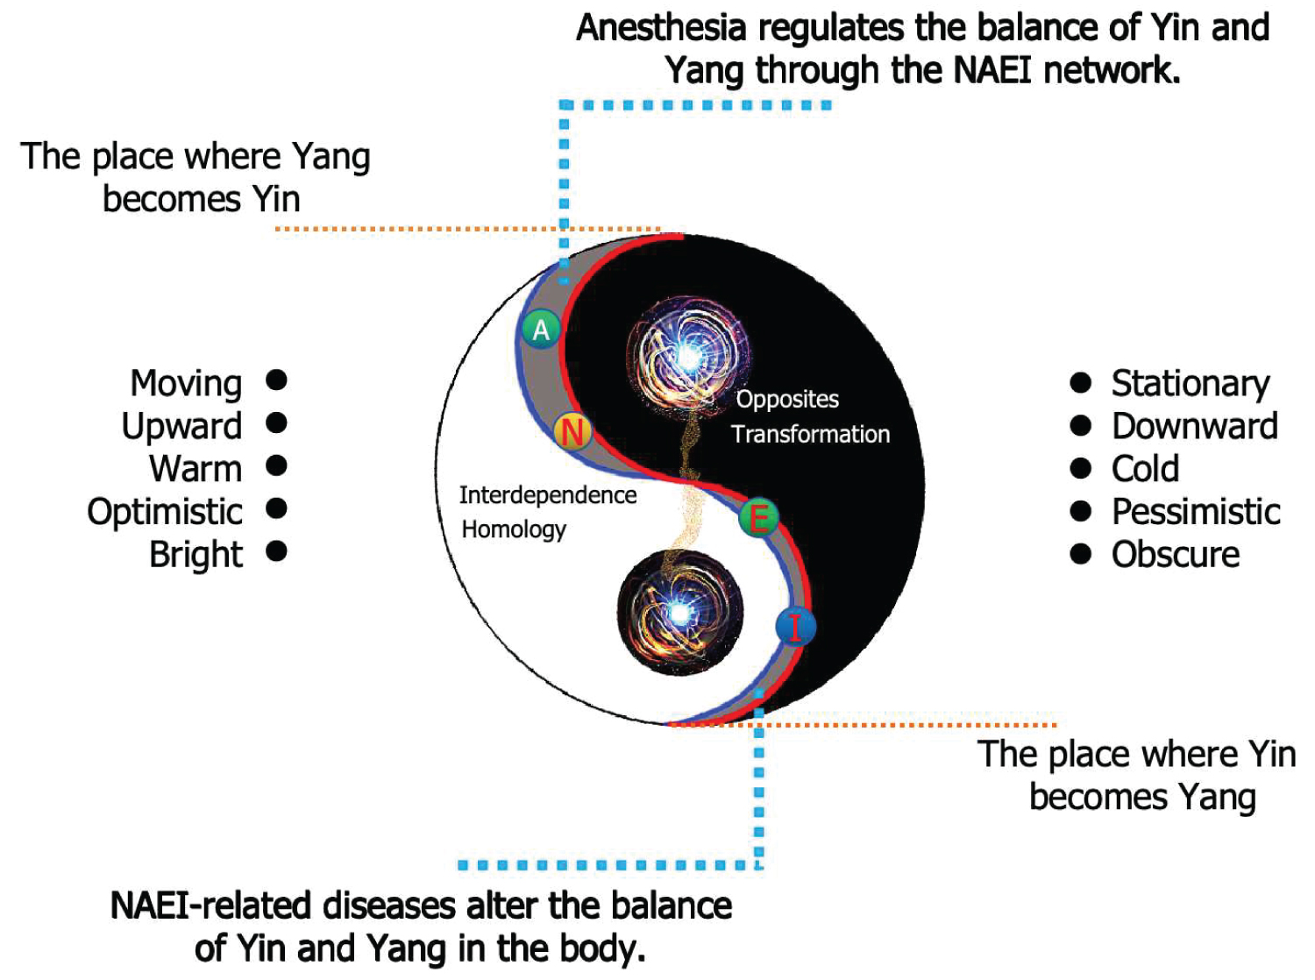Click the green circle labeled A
point(541,330)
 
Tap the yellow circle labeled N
point(572,431)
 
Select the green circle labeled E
point(758,517)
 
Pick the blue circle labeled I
point(795,627)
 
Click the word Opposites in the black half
point(787,399)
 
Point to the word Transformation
point(810,434)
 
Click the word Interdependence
point(548,495)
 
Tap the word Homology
point(514,529)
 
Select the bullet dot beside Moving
point(276,380)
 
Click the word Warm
point(195,469)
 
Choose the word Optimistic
point(165,512)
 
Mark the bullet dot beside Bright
point(276,551)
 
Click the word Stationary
point(1191,383)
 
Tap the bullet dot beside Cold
point(1081,468)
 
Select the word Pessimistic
point(1196,512)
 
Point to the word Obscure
point(1176,555)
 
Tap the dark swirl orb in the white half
point(679,612)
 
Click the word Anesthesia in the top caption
point(661,28)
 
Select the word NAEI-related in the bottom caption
point(210,906)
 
